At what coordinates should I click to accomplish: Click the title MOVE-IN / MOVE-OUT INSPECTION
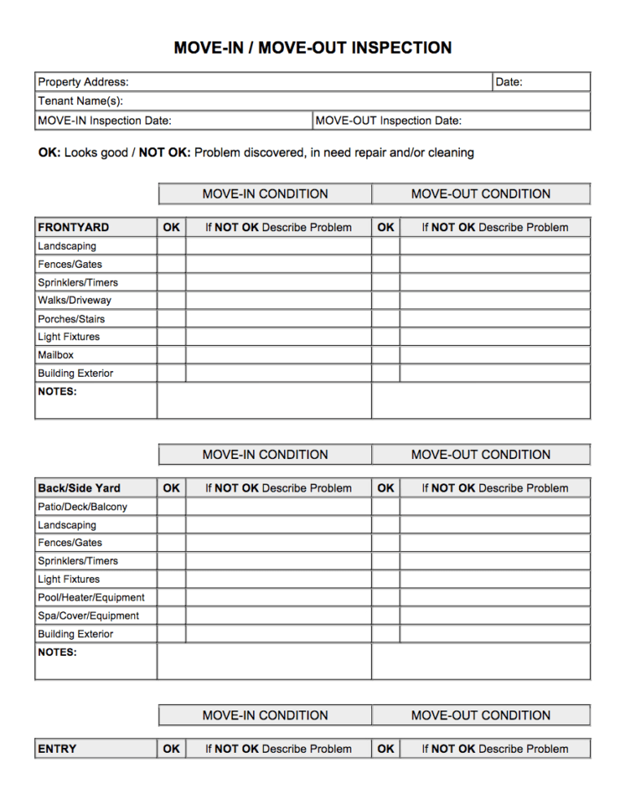coord(312,48)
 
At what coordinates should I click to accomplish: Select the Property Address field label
coord(83,82)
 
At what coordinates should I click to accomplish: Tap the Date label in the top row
coord(509,82)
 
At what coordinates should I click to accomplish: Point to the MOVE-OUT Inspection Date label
coord(388,120)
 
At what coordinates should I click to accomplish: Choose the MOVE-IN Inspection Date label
coord(104,120)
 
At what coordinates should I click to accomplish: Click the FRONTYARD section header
coord(73,227)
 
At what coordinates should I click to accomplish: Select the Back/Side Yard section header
coord(79,488)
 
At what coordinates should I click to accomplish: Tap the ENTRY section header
coord(57,749)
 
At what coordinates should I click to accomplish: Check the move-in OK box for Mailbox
coord(172,355)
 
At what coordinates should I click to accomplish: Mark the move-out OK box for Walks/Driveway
coord(386,300)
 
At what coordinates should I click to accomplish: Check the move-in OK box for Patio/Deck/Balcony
coord(172,506)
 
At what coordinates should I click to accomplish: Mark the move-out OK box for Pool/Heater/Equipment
coord(386,597)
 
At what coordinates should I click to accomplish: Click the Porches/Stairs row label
coord(71,319)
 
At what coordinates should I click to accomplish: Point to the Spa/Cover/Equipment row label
coord(88,616)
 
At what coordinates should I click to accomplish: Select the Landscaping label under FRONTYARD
coord(67,246)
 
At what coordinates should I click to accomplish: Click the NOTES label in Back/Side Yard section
coord(57,652)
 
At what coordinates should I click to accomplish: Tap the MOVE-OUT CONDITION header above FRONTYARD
coord(481,194)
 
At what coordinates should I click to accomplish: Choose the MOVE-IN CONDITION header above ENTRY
coord(265,715)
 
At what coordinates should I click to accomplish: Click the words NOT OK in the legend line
coord(164,152)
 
